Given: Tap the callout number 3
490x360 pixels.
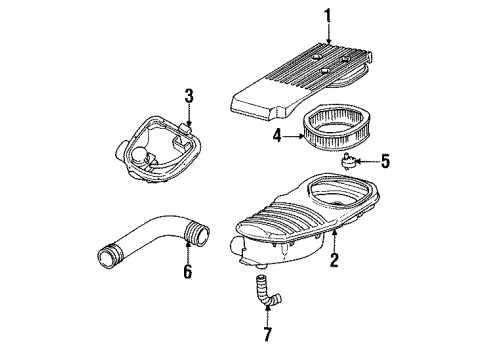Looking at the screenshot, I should (x=187, y=98).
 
